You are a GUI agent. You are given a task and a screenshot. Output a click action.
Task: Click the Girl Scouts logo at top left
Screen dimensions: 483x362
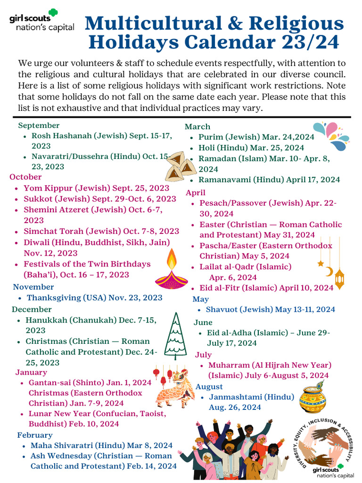coord(41,23)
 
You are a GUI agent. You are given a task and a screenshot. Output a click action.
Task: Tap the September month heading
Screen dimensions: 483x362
coord(39,125)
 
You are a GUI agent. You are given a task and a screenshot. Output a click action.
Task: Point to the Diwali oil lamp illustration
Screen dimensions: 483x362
coord(171,271)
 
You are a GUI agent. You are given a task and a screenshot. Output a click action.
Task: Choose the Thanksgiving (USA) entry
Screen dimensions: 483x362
coord(94,298)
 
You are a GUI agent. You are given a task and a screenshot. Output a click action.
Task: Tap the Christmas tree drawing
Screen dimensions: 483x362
coord(175,335)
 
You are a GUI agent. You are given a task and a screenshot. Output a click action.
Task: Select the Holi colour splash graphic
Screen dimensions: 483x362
coord(332,133)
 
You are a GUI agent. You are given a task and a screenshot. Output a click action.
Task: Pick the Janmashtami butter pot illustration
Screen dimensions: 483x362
coord(313,400)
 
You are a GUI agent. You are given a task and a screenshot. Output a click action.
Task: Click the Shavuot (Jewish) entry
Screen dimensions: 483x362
coord(270,309)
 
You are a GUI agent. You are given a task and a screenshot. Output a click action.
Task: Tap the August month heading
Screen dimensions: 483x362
coord(209,387)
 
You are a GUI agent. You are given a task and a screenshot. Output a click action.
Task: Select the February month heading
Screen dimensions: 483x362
coord(35,435)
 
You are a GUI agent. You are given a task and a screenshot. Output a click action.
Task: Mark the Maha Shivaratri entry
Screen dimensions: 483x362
coord(101,445)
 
